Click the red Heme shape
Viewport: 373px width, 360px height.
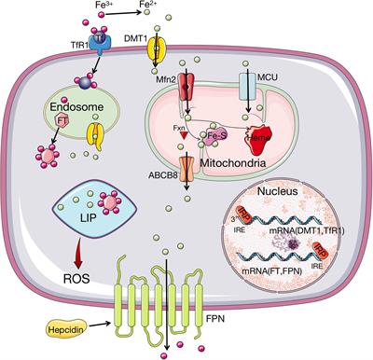[264, 138]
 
